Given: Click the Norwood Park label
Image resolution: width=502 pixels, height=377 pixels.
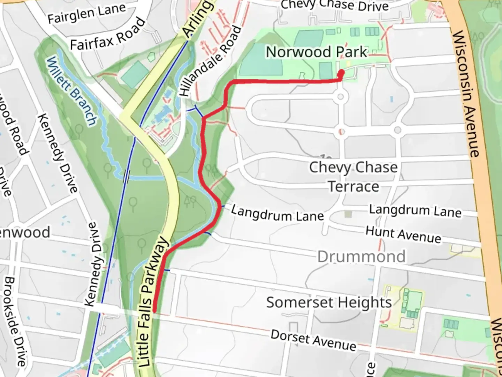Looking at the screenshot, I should pos(317,52).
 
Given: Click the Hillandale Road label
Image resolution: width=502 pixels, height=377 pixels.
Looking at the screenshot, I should pos(210,61).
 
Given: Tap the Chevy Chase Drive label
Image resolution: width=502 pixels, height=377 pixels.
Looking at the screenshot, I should pos(335,5).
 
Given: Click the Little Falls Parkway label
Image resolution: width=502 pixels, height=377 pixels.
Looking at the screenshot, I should pos(153,302).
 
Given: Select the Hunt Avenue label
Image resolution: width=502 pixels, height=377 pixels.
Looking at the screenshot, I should pos(403,234).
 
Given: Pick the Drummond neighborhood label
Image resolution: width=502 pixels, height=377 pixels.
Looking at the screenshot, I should pos(362,257).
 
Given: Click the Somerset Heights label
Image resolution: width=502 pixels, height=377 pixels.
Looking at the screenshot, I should pos(329,302).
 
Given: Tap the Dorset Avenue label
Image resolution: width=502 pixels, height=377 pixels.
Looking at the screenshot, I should pos(313,340).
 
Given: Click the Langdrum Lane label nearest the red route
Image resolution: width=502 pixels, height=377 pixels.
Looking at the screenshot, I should pos(277,214).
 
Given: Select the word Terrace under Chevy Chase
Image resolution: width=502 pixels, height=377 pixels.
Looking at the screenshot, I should pos(353,187).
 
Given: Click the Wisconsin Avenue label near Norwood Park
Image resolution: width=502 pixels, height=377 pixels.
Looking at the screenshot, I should pos(466,94).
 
